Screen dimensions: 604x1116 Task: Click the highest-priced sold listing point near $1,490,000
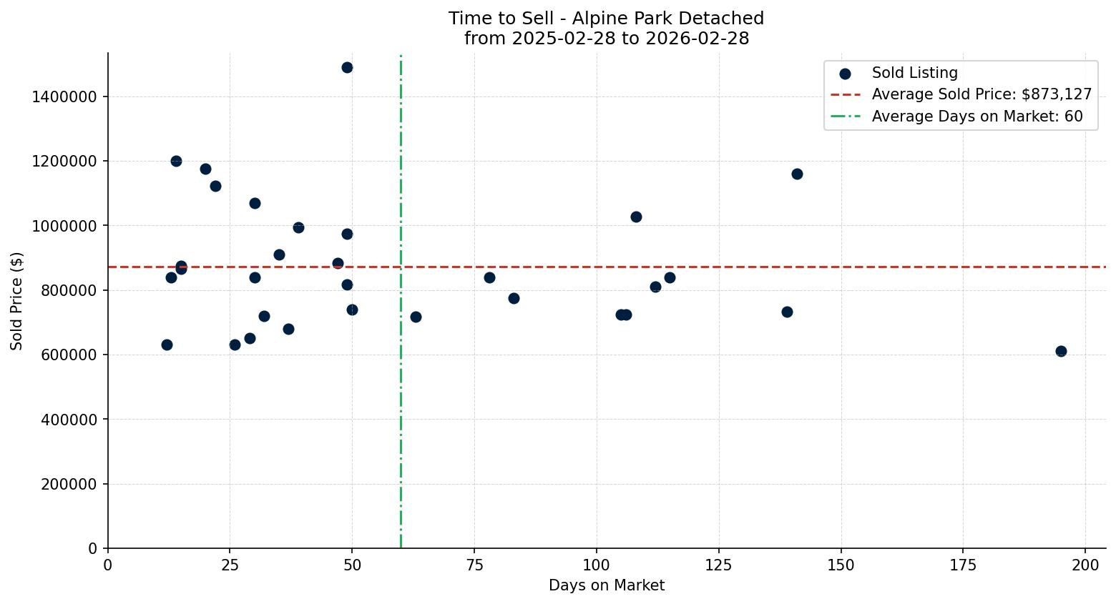(x=347, y=68)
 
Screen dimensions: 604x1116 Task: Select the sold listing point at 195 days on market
(x=1061, y=351)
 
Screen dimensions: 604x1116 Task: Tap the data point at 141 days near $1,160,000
(x=797, y=174)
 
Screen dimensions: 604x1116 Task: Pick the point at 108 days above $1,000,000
(x=636, y=217)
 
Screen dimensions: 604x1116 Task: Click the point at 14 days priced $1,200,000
(x=176, y=161)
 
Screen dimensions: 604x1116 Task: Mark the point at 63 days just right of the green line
(x=416, y=317)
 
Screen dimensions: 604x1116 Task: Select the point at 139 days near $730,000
(x=787, y=312)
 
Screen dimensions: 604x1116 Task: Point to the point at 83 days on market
(x=514, y=298)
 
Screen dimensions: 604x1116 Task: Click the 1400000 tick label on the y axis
(x=64, y=96)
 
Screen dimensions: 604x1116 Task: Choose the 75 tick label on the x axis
(x=474, y=565)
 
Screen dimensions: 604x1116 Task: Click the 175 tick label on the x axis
(x=963, y=565)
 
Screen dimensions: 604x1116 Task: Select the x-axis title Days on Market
(x=607, y=585)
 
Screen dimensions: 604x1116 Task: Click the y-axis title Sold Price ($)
(x=16, y=301)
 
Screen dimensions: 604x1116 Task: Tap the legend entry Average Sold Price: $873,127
(x=982, y=94)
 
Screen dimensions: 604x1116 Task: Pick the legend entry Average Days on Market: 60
(x=976, y=117)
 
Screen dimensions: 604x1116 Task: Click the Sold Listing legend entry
(x=914, y=73)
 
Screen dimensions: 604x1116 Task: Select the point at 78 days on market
(x=489, y=277)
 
